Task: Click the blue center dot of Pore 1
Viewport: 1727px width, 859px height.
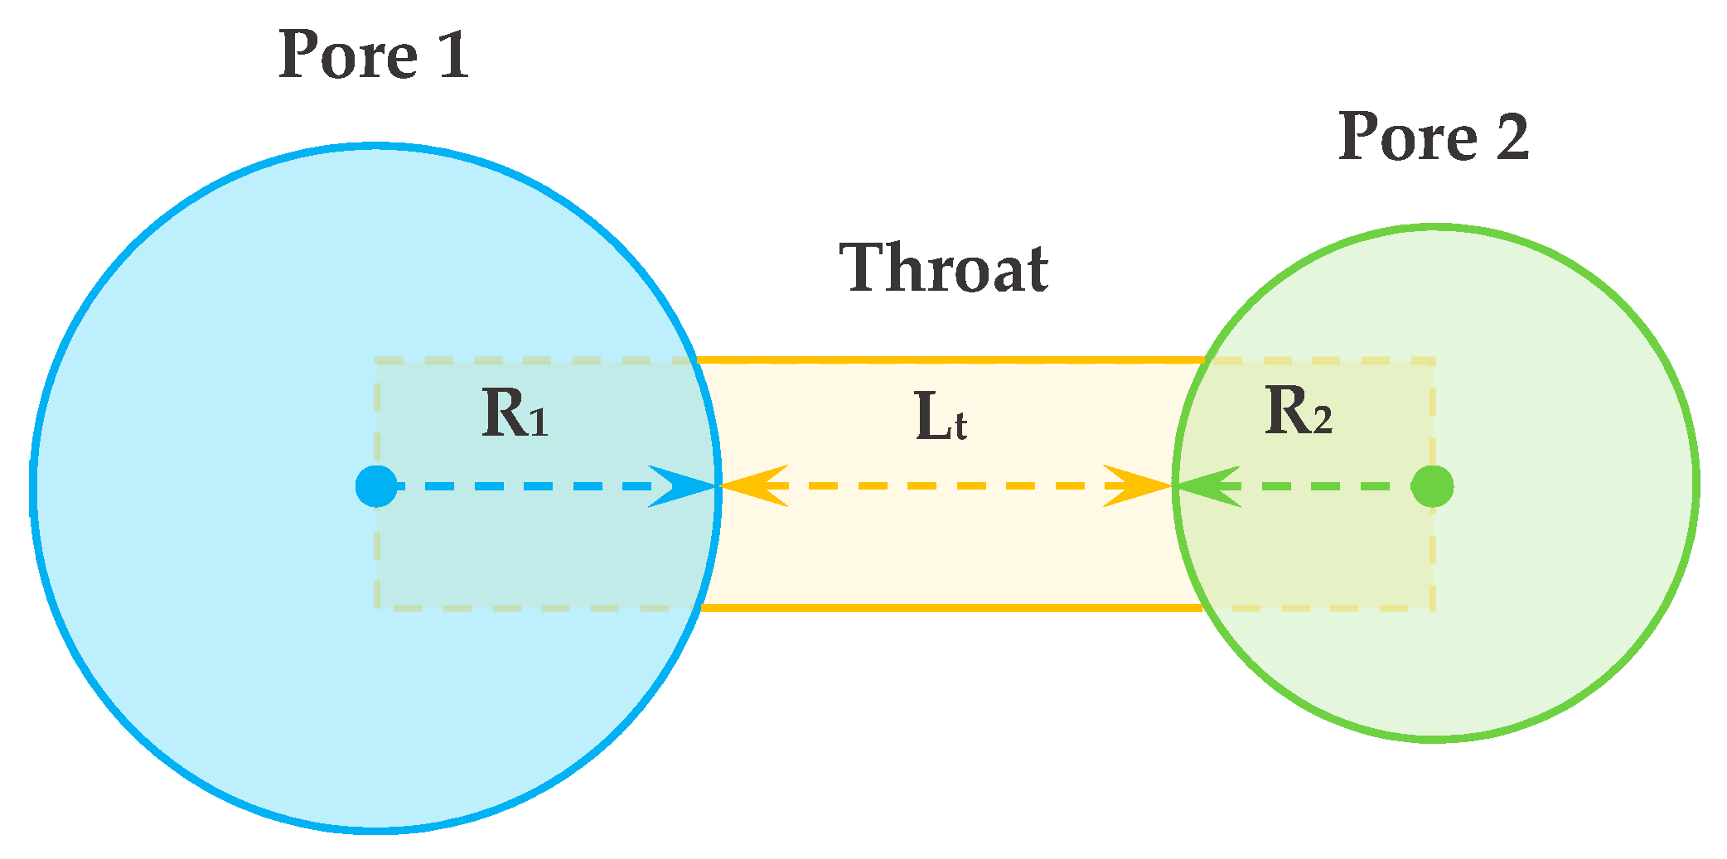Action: tap(376, 486)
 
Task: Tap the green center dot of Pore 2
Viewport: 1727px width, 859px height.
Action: tap(1432, 486)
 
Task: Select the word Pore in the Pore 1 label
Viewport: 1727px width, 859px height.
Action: tap(348, 55)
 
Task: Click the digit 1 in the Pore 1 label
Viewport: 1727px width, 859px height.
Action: tap(453, 55)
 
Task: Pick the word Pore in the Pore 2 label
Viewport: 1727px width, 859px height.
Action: tap(1408, 137)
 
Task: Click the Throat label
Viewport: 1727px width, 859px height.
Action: tap(944, 268)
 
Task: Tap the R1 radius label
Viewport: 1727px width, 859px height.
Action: tap(515, 413)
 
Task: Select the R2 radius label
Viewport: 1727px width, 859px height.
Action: tap(1298, 412)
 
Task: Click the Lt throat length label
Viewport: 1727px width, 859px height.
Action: tap(941, 417)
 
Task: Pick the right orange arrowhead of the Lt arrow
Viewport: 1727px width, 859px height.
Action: tap(1137, 486)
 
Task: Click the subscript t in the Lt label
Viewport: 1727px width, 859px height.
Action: tap(960, 427)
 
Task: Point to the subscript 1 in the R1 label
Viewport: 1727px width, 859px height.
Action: tap(539, 423)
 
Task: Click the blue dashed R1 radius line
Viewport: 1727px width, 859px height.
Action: tap(530, 486)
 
